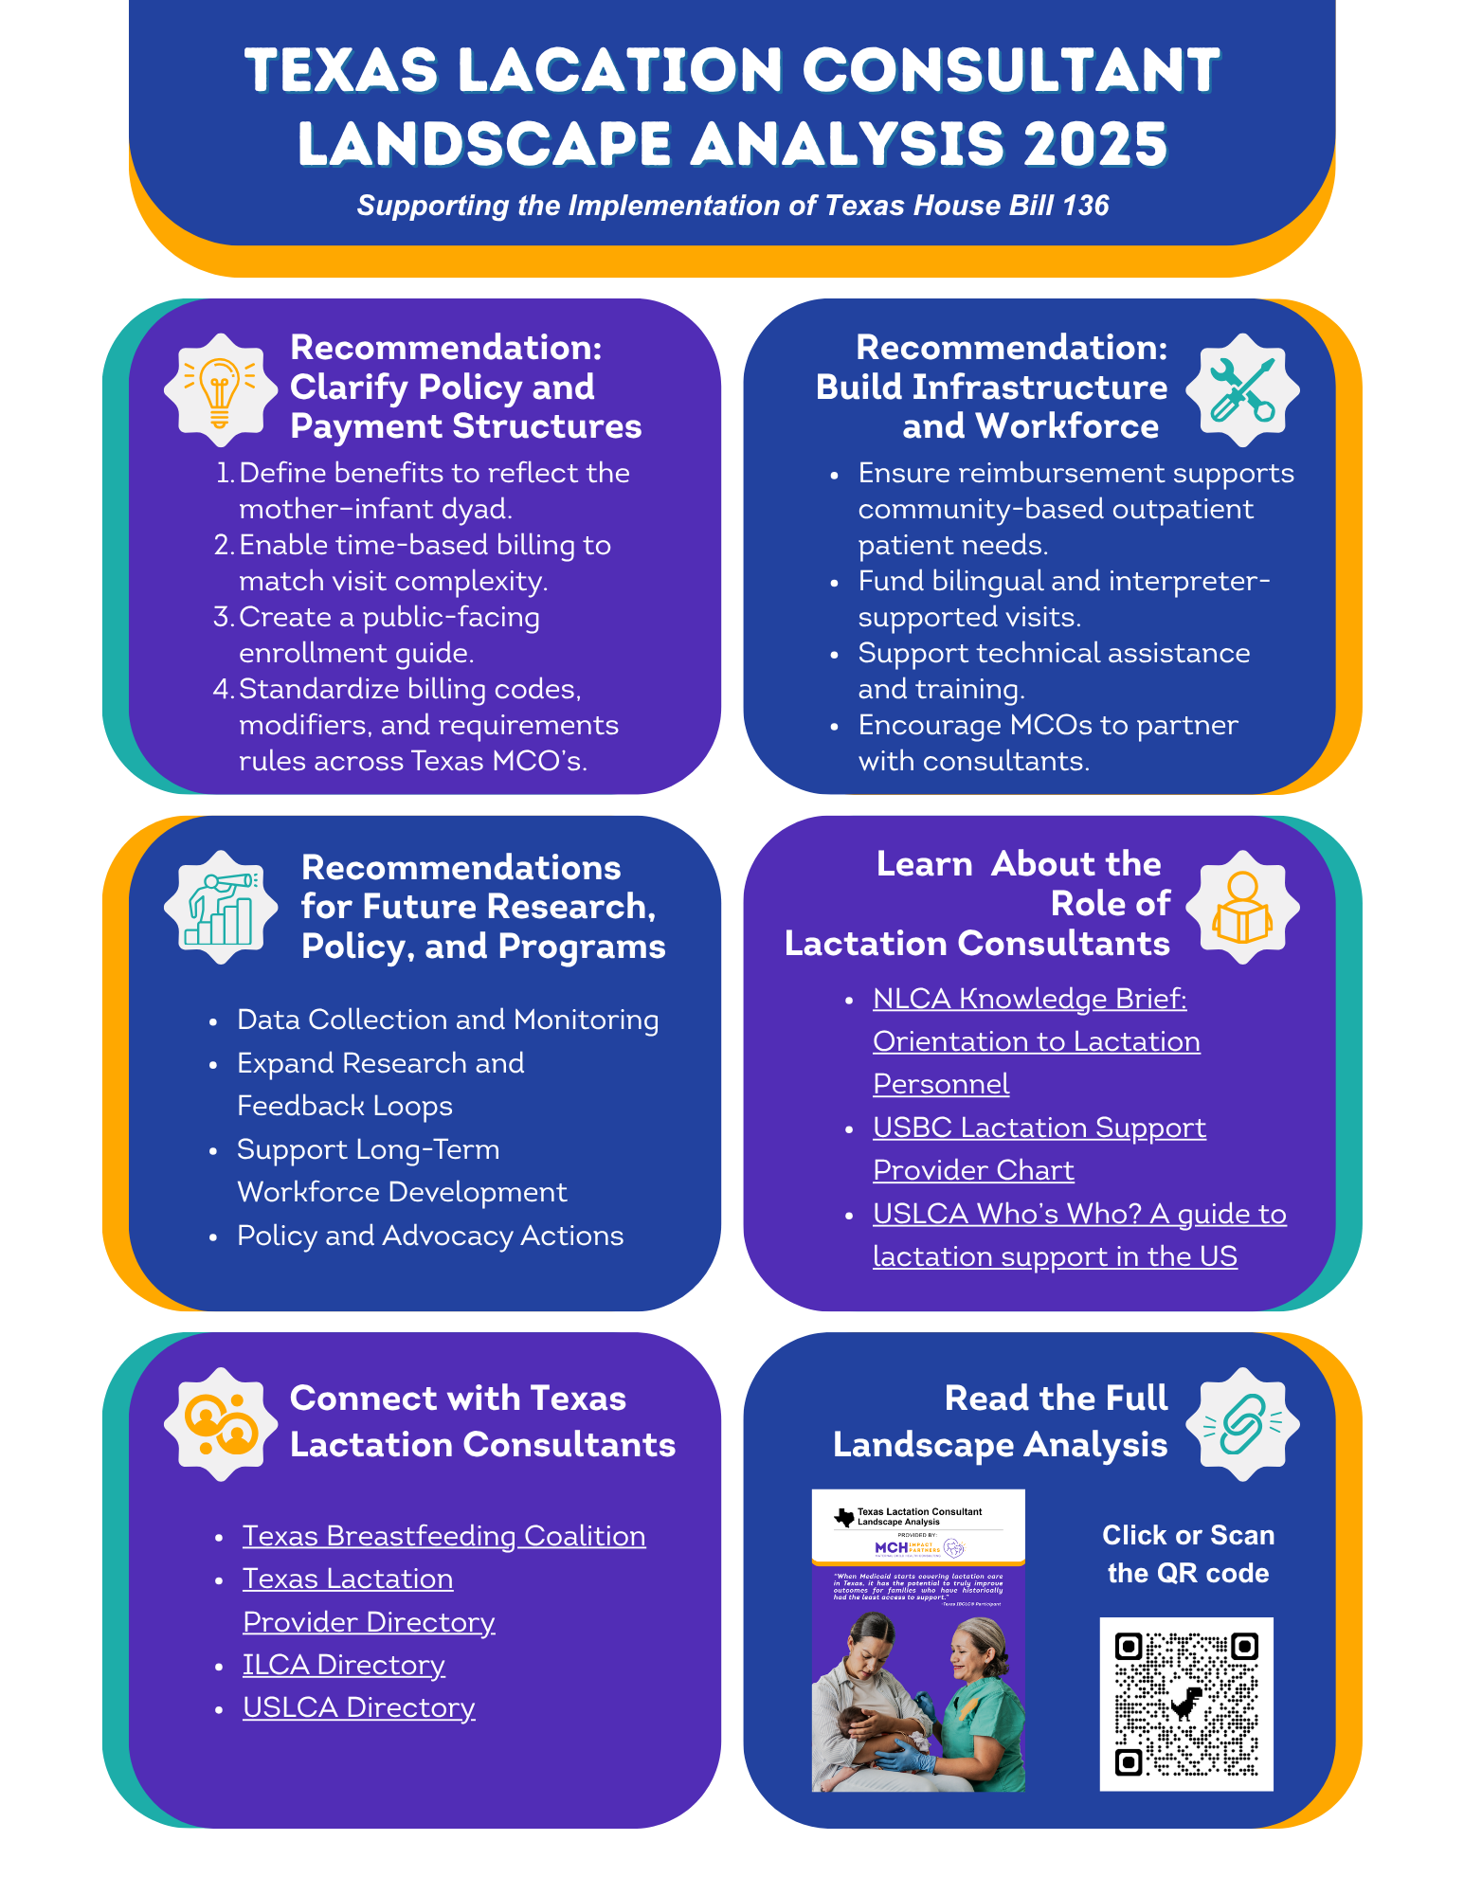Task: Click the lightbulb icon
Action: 220,389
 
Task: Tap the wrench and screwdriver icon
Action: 1242,389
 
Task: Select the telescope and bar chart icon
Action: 220,908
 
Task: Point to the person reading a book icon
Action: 1242,908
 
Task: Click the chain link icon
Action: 1242,1424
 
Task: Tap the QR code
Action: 1185,1704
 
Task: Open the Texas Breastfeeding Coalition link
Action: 443,1536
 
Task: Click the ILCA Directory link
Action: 343,1665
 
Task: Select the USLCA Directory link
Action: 358,1707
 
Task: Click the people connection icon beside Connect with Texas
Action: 220,1424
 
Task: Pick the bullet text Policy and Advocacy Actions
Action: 430,1236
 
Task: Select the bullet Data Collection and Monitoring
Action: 447,1020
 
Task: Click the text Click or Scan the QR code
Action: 1188,1554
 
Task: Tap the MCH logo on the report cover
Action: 892,1547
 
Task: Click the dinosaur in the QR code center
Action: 1185,1704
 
